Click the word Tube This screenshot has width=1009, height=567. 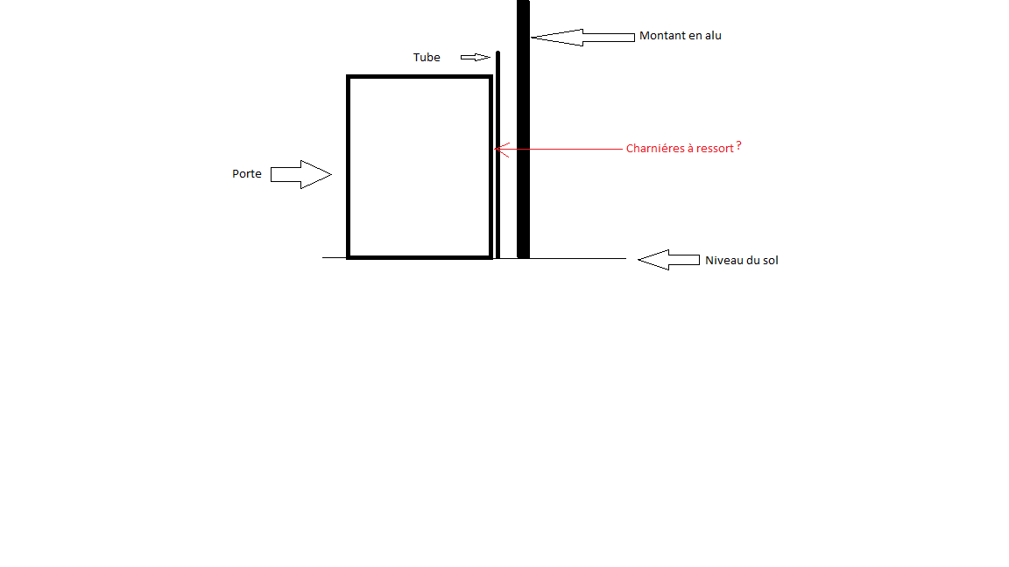(x=427, y=58)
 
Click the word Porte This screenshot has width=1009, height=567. (x=247, y=174)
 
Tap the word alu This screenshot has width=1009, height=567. (x=713, y=36)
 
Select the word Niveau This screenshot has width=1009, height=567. (x=724, y=260)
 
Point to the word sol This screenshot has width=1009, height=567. (x=770, y=260)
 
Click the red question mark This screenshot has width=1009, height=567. (x=738, y=146)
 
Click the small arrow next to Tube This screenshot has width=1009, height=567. (x=476, y=58)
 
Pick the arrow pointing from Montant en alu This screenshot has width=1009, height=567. (x=582, y=37)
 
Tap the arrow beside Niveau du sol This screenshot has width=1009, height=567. (x=667, y=260)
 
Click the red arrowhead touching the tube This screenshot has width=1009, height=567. (x=498, y=149)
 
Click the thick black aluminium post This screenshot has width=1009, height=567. (x=523, y=131)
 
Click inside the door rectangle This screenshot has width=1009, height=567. (x=419, y=166)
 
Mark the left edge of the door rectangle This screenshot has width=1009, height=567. (x=349, y=166)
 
